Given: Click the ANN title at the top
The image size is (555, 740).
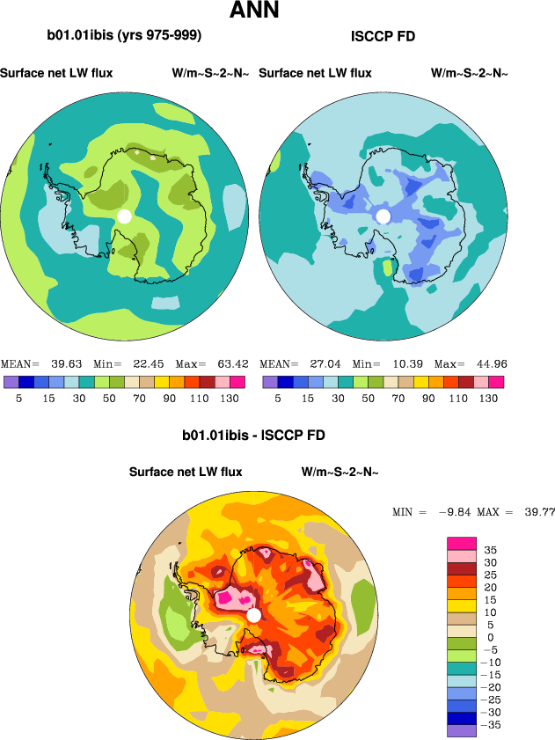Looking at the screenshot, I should (x=254, y=11).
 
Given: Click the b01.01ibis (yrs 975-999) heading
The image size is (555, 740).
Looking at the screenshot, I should (x=124, y=36).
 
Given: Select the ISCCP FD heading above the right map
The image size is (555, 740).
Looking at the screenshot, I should (x=383, y=36).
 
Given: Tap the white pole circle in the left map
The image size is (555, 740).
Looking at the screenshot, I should (x=124, y=216).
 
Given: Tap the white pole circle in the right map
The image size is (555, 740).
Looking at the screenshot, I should (x=383, y=216).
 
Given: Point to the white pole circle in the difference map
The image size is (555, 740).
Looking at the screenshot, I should (x=254, y=615).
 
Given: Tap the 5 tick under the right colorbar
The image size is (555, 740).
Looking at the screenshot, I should (x=278, y=398).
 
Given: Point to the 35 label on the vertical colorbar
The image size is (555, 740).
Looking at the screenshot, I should (x=490, y=549).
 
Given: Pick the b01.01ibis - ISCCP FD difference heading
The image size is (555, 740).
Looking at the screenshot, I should (x=254, y=436).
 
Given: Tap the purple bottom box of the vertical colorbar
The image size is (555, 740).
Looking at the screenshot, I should (x=462, y=730).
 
